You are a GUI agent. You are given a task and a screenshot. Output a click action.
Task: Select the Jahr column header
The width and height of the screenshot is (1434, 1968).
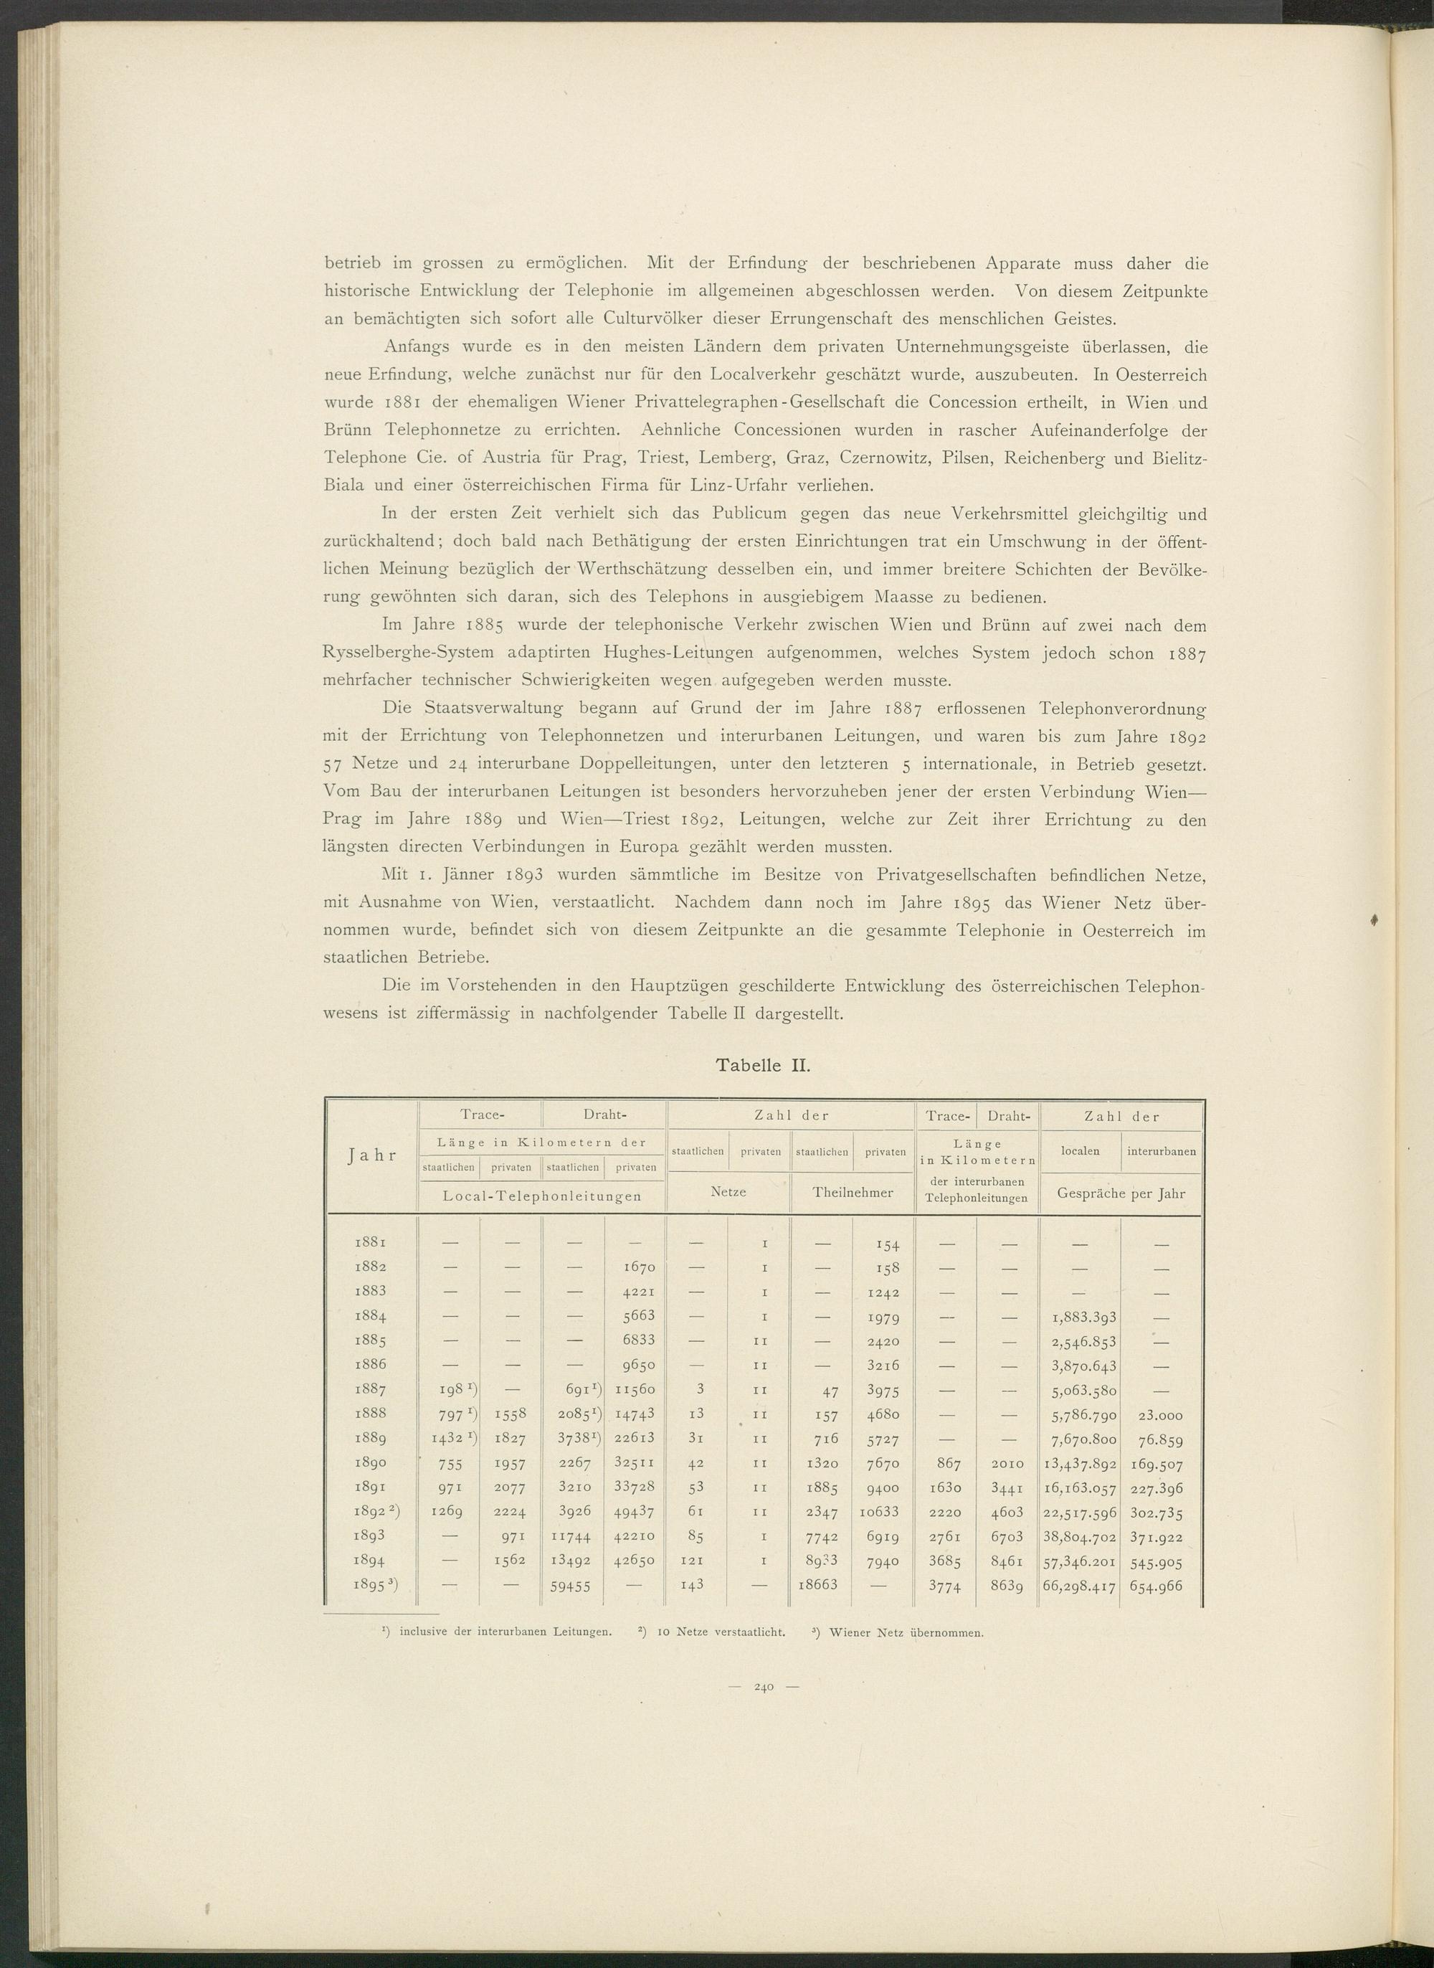(371, 1155)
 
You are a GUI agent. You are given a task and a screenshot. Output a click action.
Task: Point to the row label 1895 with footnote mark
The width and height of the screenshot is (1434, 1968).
(374, 1581)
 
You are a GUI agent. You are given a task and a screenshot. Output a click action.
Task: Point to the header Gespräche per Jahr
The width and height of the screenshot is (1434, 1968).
(1121, 1193)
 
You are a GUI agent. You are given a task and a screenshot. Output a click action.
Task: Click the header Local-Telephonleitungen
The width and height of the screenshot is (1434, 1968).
(543, 1196)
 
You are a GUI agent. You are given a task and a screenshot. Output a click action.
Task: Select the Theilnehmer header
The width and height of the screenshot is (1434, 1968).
(853, 1193)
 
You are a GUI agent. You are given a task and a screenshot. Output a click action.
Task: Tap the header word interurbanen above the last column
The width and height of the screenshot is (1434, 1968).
(1162, 1151)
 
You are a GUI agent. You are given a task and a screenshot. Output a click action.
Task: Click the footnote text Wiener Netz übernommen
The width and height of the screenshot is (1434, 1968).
(906, 1633)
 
